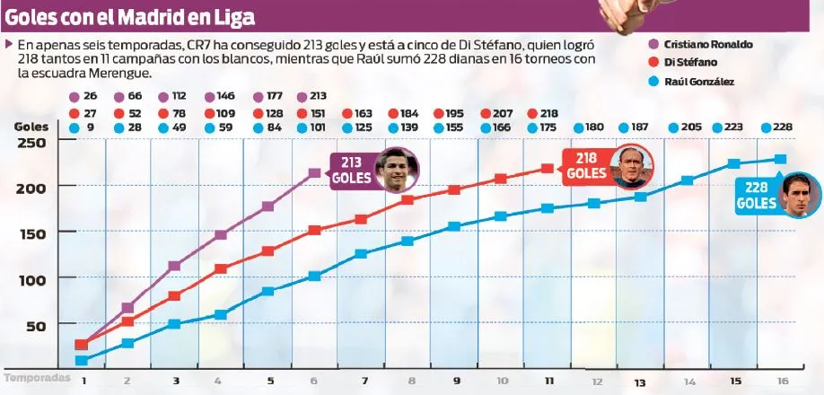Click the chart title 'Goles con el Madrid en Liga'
[129, 17]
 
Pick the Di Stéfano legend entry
[690, 62]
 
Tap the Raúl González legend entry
[698, 81]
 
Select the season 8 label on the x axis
[411, 382]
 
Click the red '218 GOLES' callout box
[584, 166]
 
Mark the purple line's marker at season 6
[314, 173]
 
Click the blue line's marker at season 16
[780, 159]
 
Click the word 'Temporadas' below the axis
[37, 378]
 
